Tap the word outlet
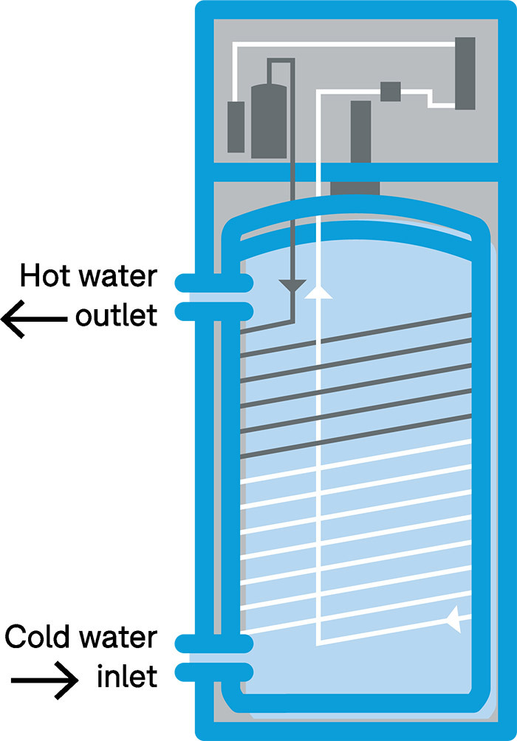pyautogui.click(x=116, y=316)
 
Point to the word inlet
pyautogui.click(x=127, y=675)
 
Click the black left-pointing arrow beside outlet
pyautogui.click(x=33, y=319)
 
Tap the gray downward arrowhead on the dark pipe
pyautogui.click(x=294, y=285)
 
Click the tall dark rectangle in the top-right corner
pyautogui.click(x=465, y=74)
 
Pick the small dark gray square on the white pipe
pyautogui.click(x=390, y=92)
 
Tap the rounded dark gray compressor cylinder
pyautogui.click(x=269, y=120)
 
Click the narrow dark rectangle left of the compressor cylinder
pyautogui.click(x=236, y=126)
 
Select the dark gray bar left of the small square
pyautogui.click(x=360, y=131)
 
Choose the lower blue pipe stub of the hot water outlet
pyautogui.click(x=214, y=311)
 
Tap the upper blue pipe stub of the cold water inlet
pyautogui.click(x=214, y=643)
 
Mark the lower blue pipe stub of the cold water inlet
pyautogui.click(x=214, y=672)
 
